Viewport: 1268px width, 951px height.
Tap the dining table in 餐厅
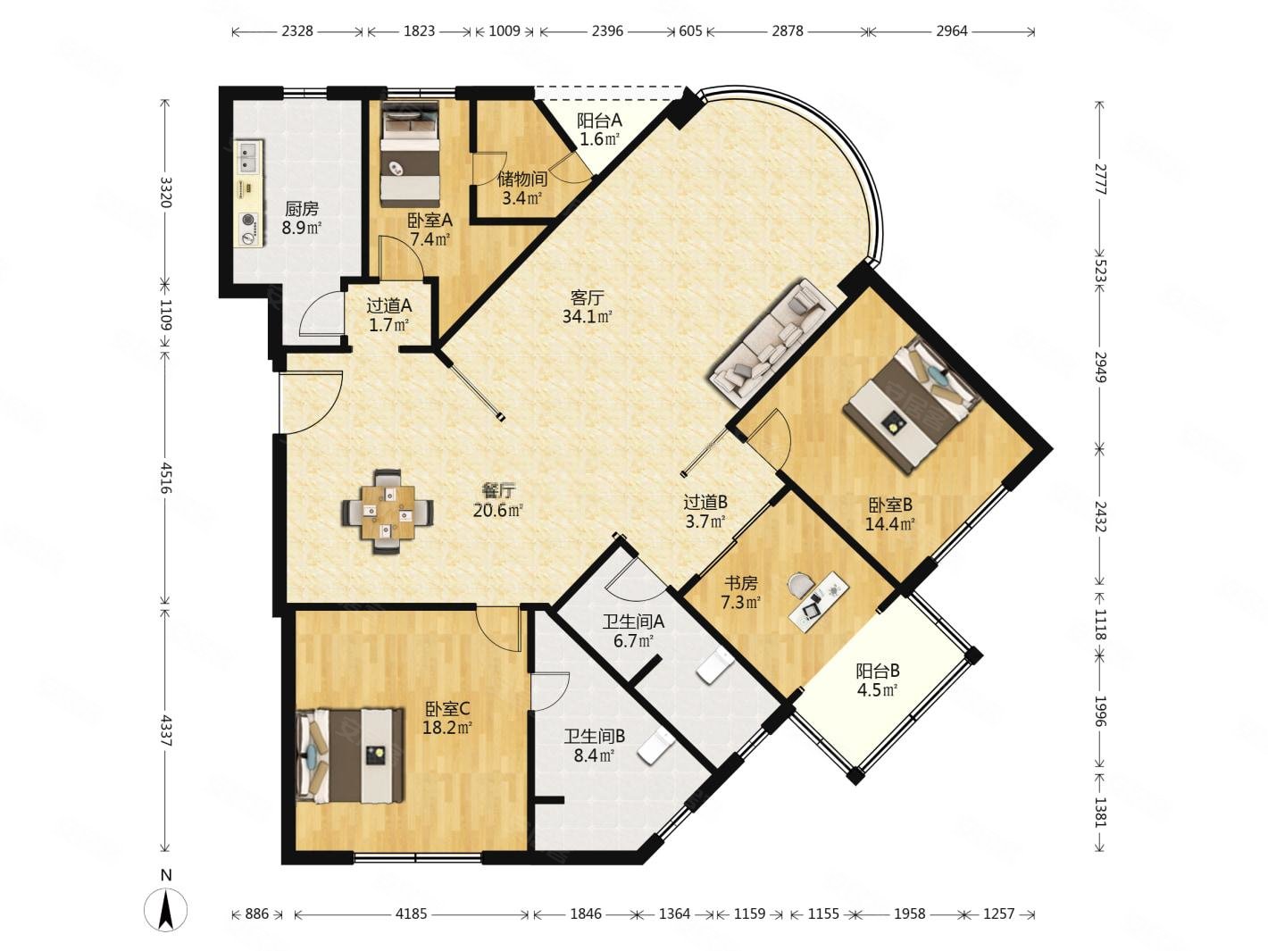(x=388, y=512)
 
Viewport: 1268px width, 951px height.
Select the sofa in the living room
(x=772, y=344)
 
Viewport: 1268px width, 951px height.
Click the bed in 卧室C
(x=349, y=755)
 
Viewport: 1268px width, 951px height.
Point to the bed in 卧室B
(x=911, y=405)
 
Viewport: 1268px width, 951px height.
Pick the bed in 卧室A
(x=410, y=154)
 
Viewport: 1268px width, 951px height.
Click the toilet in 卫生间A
(x=715, y=666)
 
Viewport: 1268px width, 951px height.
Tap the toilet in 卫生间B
(x=656, y=747)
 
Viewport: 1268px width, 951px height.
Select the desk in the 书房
(x=819, y=602)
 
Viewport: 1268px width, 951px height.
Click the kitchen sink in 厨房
(x=249, y=156)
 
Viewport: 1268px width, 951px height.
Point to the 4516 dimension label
(x=166, y=478)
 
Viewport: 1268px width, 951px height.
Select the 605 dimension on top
(x=690, y=30)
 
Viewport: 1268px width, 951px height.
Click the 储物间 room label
(x=522, y=179)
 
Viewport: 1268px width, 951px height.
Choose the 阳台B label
(x=878, y=671)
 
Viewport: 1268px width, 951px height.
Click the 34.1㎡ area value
(x=587, y=316)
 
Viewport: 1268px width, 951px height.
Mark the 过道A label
(x=389, y=305)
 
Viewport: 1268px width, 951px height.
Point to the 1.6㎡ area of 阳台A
(x=600, y=139)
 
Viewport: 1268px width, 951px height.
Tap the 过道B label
(x=705, y=503)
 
